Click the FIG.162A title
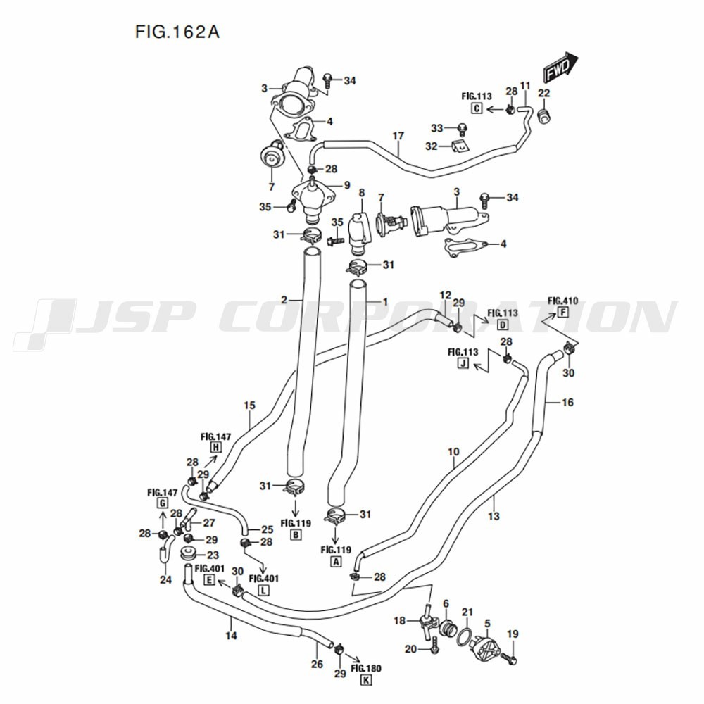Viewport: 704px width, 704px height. (x=177, y=32)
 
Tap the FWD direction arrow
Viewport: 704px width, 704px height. (x=561, y=68)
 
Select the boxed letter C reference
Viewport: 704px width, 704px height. (x=477, y=108)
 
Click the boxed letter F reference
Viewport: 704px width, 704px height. (x=562, y=313)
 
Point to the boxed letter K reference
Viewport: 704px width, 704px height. (x=367, y=680)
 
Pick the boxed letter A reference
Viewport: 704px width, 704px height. (x=335, y=561)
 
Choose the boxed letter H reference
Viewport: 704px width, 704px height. (x=216, y=446)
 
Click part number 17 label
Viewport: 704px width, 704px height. (x=398, y=136)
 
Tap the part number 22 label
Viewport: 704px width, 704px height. (x=543, y=93)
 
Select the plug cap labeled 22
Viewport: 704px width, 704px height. (x=544, y=116)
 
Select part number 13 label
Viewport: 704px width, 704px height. (x=494, y=516)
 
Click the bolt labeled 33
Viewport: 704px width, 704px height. (x=461, y=130)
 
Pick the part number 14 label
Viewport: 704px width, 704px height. (x=231, y=635)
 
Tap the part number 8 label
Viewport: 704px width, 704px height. (x=362, y=193)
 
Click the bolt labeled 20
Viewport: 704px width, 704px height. (x=433, y=649)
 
